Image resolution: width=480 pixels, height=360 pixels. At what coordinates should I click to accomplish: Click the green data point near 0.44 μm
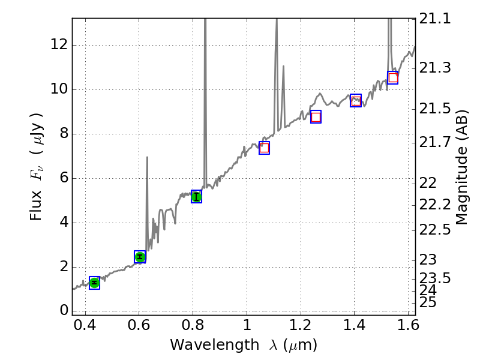pos(94,283)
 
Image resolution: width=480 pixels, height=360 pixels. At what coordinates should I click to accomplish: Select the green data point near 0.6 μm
pos(140,257)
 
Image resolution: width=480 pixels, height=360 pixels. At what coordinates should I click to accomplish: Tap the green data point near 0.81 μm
pos(196,196)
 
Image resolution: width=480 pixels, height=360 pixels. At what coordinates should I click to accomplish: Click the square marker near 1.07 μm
pos(264,148)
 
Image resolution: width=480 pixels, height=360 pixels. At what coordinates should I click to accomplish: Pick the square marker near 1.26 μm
pos(316,116)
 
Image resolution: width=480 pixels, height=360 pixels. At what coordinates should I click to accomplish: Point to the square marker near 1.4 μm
pos(356,101)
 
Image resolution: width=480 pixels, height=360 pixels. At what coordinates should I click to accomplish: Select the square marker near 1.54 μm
pos(393,77)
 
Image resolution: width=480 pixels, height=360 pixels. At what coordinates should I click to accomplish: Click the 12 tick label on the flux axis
pos(59,45)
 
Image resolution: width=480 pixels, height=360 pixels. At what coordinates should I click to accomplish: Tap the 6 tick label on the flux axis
pos(62,178)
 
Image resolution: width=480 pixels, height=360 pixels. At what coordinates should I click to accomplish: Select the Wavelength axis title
pos(243,345)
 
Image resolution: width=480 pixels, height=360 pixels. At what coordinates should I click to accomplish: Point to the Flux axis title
pos(37,166)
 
